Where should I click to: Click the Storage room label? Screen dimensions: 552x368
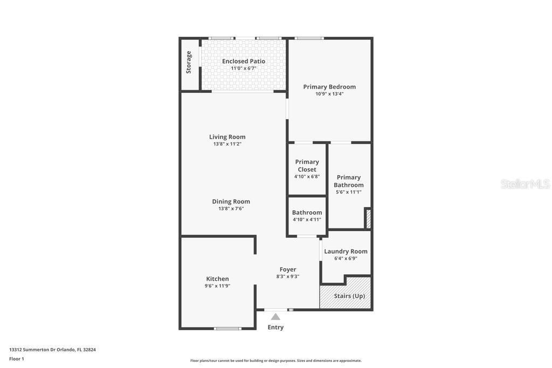click(189, 63)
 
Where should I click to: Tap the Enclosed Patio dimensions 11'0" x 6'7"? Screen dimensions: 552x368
click(244, 68)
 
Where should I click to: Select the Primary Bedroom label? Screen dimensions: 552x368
click(329, 87)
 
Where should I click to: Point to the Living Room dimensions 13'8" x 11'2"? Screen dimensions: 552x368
click(227, 144)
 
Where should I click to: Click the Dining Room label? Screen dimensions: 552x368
click(231, 202)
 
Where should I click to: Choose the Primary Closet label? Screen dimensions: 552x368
click(307, 166)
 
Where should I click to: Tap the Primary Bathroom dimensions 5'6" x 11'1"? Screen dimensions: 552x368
click(349, 192)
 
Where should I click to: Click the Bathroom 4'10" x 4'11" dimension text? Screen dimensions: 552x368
click(307, 219)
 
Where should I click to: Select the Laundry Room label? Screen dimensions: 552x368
click(346, 252)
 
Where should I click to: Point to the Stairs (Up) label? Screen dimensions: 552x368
click(349, 296)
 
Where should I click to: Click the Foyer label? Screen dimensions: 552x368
click(288, 270)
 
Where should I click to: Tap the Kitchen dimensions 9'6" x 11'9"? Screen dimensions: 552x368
click(218, 286)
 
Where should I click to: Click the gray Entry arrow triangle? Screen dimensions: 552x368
click(275, 317)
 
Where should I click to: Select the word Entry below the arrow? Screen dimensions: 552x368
click(275, 327)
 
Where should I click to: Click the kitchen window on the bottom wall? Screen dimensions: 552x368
click(227, 329)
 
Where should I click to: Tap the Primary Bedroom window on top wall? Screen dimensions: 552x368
click(309, 38)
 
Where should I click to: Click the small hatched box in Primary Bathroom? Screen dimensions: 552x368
click(369, 219)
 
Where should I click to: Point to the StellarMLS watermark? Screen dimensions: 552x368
click(525, 184)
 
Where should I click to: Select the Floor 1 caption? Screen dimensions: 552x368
click(17, 359)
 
